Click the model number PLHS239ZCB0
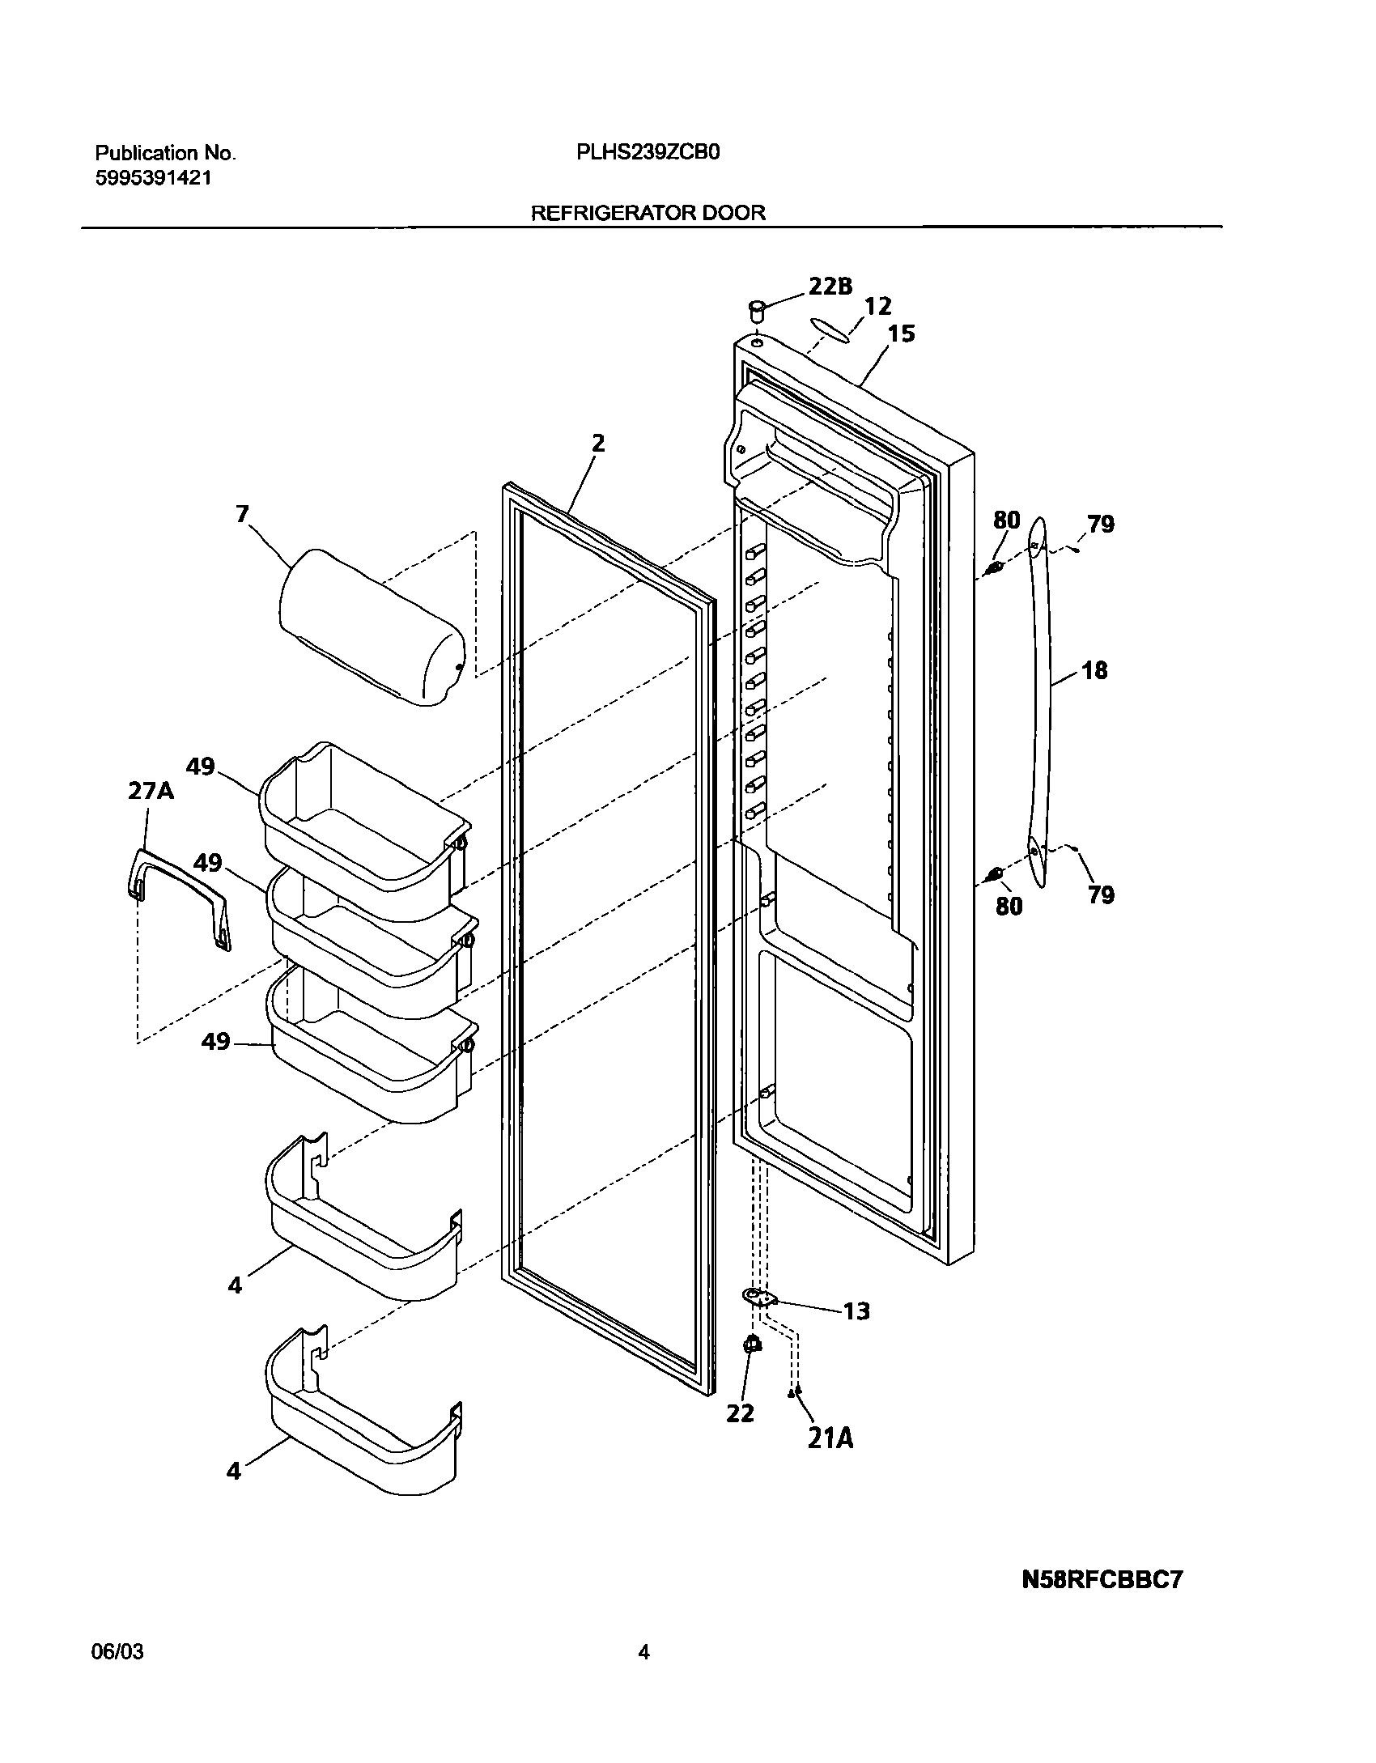tap(648, 153)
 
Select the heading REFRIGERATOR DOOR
tap(648, 213)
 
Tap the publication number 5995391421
tap(154, 179)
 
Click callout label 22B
tap(830, 286)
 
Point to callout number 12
tap(877, 306)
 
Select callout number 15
tap(901, 333)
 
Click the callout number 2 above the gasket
tap(597, 443)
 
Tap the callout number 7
tap(243, 513)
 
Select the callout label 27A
tap(151, 790)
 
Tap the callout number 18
tap(1094, 670)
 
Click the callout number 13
tap(856, 1311)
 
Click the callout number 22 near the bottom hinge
tap(740, 1413)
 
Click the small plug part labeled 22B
tap(758, 310)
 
